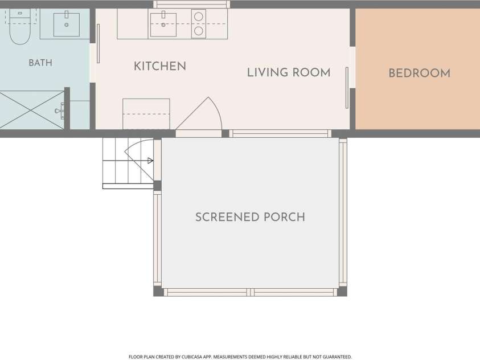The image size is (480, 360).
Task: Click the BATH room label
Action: tap(40, 63)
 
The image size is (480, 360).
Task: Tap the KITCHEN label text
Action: tap(160, 66)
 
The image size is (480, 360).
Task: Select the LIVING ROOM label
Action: tap(289, 72)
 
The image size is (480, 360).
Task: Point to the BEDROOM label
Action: tap(420, 73)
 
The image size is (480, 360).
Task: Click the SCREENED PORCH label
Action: tap(250, 217)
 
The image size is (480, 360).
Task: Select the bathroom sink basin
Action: tap(67, 24)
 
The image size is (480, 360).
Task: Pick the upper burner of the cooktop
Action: tap(199, 17)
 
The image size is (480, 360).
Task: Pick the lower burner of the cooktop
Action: tap(199, 31)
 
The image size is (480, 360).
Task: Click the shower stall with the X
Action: tap(32, 109)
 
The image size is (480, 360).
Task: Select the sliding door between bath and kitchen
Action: tap(98, 44)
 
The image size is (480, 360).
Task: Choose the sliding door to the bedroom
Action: tap(347, 88)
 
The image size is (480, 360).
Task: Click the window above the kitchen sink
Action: tap(191, 5)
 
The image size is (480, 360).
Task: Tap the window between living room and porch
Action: tap(280, 134)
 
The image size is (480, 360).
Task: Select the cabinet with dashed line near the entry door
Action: tap(146, 114)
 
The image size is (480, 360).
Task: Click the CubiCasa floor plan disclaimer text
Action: tap(240, 357)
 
